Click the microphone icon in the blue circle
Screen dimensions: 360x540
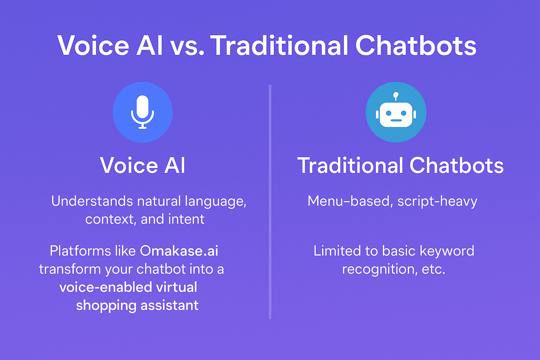(x=142, y=112)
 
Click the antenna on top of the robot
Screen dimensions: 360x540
(x=396, y=96)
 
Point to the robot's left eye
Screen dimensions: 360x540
(x=388, y=113)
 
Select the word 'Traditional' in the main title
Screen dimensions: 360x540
(x=279, y=46)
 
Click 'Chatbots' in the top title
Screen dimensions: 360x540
(x=416, y=46)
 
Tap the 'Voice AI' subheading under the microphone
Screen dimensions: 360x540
(x=142, y=165)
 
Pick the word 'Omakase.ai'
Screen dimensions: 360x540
(x=179, y=251)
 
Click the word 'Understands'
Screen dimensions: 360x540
(x=92, y=201)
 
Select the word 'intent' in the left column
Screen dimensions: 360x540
(x=186, y=219)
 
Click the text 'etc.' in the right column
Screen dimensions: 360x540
(x=433, y=269)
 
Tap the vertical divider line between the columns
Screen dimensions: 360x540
(x=270, y=202)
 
